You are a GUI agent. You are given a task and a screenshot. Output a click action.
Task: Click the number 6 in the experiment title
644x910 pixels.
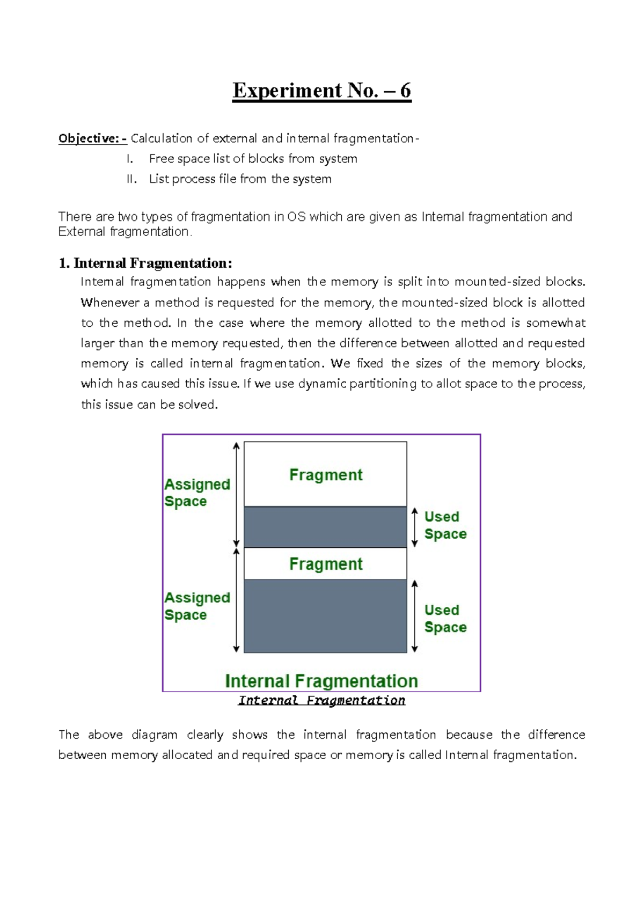click(405, 91)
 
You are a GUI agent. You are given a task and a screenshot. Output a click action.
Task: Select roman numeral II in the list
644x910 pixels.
click(131, 179)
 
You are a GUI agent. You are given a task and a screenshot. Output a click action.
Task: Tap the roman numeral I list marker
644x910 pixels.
click(129, 159)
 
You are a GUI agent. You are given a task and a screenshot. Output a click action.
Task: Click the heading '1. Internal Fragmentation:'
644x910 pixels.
click(145, 263)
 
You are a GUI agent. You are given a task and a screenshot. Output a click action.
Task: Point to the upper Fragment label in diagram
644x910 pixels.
click(326, 475)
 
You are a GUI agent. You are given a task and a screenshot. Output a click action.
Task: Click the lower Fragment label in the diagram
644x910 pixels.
click(326, 564)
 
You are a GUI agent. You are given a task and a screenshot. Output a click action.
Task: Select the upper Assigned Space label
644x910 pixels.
click(196, 493)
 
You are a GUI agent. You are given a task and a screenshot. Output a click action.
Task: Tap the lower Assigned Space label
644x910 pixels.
click(196, 606)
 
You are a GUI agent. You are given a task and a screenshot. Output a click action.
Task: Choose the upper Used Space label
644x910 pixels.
click(445, 525)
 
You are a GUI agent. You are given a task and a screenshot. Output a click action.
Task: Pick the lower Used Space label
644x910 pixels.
click(445, 619)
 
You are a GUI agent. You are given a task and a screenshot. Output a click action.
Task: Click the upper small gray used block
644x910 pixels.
click(325, 527)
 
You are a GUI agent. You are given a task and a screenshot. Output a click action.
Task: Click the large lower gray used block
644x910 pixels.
click(325, 616)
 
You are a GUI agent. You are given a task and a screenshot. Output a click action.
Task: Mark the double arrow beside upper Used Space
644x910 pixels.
click(414, 527)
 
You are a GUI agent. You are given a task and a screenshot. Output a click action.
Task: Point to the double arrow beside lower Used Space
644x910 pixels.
click(414, 616)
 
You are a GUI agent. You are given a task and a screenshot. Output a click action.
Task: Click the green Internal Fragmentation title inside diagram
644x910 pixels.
click(321, 681)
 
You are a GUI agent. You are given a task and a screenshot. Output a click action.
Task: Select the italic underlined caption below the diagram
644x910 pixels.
click(321, 700)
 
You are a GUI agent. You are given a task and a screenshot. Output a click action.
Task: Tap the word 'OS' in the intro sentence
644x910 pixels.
click(296, 217)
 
